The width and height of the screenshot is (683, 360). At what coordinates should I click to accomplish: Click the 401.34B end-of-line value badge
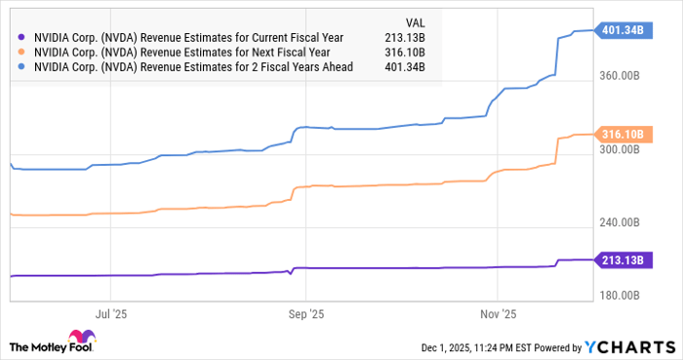pos(623,30)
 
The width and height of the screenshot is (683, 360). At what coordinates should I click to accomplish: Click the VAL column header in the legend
pos(413,20)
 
